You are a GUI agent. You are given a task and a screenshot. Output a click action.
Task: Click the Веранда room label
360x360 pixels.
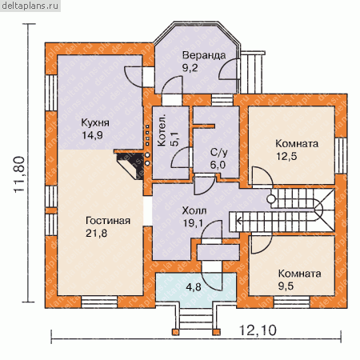pyautogui.click(x=204, y=55)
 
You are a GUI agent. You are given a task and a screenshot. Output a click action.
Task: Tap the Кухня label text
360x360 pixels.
pyautogui.click(x=95, y=123)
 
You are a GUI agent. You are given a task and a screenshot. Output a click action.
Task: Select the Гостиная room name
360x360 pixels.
pyautogui.click(x=108, y=221)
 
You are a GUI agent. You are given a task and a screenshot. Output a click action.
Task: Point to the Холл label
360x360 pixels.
pyautogui.click(x=194, y=210)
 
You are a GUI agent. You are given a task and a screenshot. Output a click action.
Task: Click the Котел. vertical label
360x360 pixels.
pyautogui.click(x=162, y=130)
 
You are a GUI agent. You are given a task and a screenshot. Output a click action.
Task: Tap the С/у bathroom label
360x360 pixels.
pyautogui.click(x=218, y=153)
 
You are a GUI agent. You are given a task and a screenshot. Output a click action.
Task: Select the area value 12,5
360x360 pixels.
pyautogui.click(x=286, y=156)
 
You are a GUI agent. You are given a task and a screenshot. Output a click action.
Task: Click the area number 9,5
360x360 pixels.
pyautogui.click(x=286, y=286)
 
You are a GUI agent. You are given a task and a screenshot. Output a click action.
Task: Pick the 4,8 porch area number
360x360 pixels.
pyautogui.click(x=194, y=287)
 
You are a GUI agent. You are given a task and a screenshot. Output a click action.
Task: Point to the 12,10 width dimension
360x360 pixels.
pyautogui.click(x=258, y=330)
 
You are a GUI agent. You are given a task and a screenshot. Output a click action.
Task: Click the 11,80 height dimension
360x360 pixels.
pyautogui.click(x=19, y=174)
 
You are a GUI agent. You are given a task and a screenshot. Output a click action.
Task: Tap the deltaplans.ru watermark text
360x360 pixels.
pyautogui.click(x=30, y=6)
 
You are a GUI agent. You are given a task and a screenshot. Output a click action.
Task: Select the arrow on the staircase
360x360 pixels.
pyautogui.click(x=239, y=221)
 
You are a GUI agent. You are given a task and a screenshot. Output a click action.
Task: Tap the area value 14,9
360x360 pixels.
pyautogui.click(x=92, y=135)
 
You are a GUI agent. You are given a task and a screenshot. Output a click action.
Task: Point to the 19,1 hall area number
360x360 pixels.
pyautogui.click(x=193, y=223)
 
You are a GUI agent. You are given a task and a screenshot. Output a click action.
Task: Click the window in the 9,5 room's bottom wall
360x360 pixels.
pyautogui.click(x=292, y=302)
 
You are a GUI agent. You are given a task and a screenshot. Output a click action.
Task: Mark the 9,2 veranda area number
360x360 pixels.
pyautogui.click(x=190, y=68)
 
